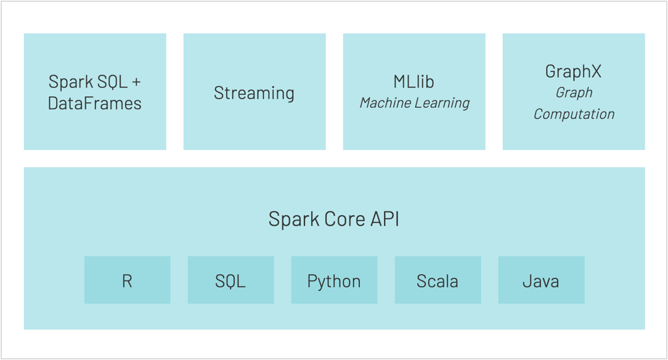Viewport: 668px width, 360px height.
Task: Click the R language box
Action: pos(127,280)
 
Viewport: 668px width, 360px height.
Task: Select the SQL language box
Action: pos(230,280)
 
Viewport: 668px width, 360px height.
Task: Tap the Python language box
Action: pos(334,280)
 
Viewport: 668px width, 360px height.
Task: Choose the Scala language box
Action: pos(438,280)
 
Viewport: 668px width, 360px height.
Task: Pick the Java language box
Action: pos(541,280)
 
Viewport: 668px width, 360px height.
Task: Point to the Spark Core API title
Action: pos(334,219)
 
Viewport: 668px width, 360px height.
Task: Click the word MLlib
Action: pos(414,81)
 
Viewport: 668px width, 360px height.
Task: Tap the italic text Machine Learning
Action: pos(414,103)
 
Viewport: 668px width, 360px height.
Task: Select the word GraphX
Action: pos(573,72)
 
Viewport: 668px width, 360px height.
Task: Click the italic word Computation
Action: pos(574,114)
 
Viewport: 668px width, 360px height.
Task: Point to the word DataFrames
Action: pos(95,103)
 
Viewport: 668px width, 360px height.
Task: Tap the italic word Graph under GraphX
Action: pos(574,92)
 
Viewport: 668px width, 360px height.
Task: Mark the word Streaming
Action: pos(254,93)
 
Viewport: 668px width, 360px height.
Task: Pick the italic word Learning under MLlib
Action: pos(442,103)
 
